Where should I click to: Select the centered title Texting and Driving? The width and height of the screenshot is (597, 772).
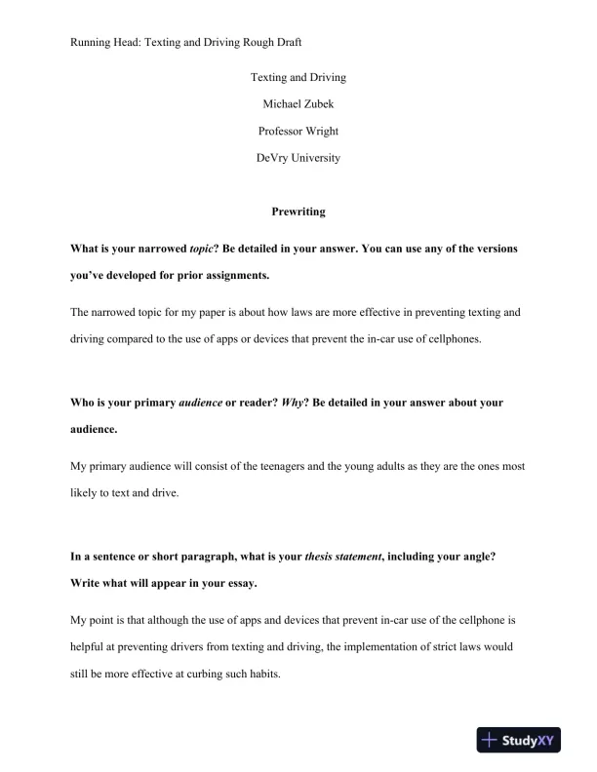click(x=298, y=77)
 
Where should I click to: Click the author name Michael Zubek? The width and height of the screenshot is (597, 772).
click(x=298, y=103)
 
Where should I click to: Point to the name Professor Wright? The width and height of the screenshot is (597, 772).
click(x=298, y=131)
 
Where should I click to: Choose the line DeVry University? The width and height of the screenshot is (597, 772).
click(x=298, y=158)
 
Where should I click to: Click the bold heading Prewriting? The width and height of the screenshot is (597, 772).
click(x=298, y=211)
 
